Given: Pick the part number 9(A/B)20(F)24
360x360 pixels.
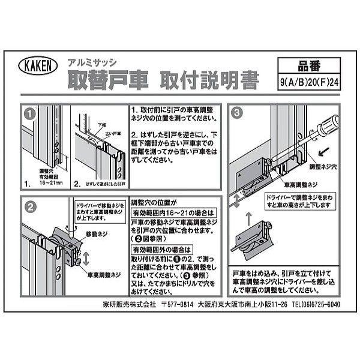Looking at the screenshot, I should click(310, 84).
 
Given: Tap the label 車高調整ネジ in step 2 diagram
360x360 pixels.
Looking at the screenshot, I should click(105, 275).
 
